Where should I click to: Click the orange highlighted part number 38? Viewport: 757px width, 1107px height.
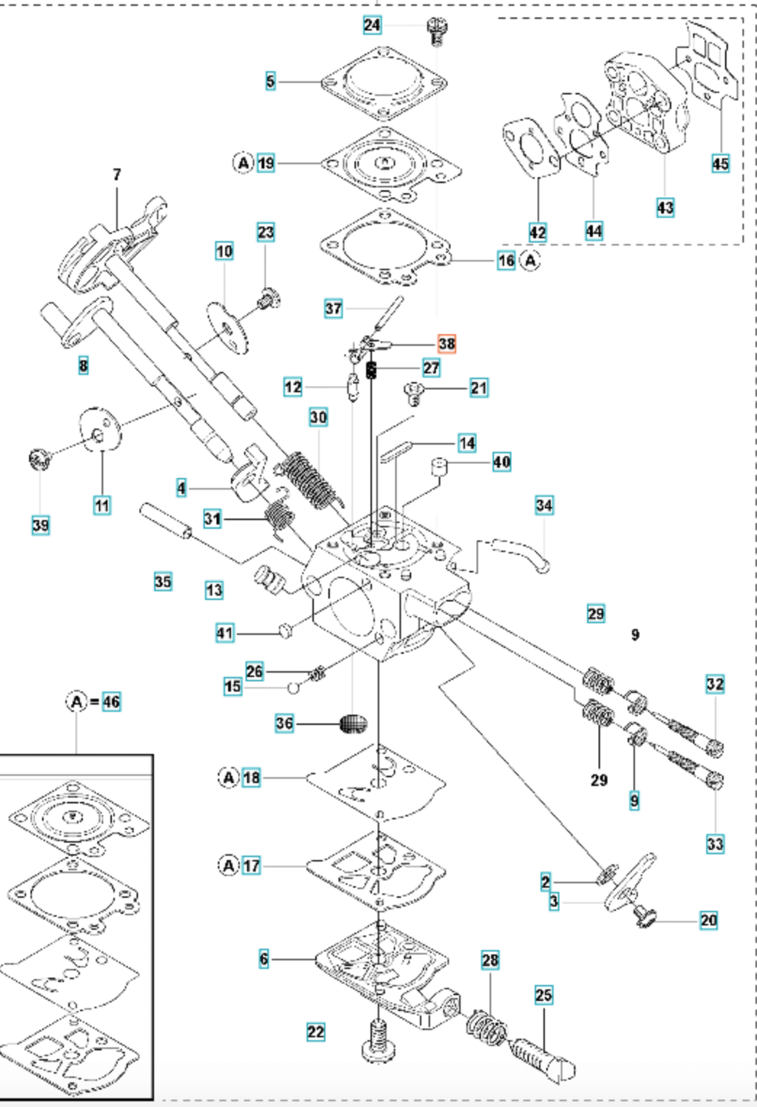pos(447,344)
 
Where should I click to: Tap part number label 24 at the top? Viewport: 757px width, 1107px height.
pos(372,25)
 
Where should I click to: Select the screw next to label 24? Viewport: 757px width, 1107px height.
pos(436,30)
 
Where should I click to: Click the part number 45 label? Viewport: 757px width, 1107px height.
pos(720,163)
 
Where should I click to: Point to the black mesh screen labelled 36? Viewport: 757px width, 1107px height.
pos(354,724)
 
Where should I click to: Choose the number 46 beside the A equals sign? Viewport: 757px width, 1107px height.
pos(111,702)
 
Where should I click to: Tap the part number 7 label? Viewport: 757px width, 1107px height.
pos(117,174)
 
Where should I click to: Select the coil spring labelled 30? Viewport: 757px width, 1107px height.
pos(310,480)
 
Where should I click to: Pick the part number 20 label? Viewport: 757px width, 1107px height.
pos(708,920)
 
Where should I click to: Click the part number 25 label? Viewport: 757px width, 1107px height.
pos(543,994)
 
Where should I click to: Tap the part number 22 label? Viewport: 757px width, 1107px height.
pos(316,1031)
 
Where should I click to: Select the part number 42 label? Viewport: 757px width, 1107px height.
pos(537,232)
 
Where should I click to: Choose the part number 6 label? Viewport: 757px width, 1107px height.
pos(264,959)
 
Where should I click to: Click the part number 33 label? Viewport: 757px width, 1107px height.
pos(715,843)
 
